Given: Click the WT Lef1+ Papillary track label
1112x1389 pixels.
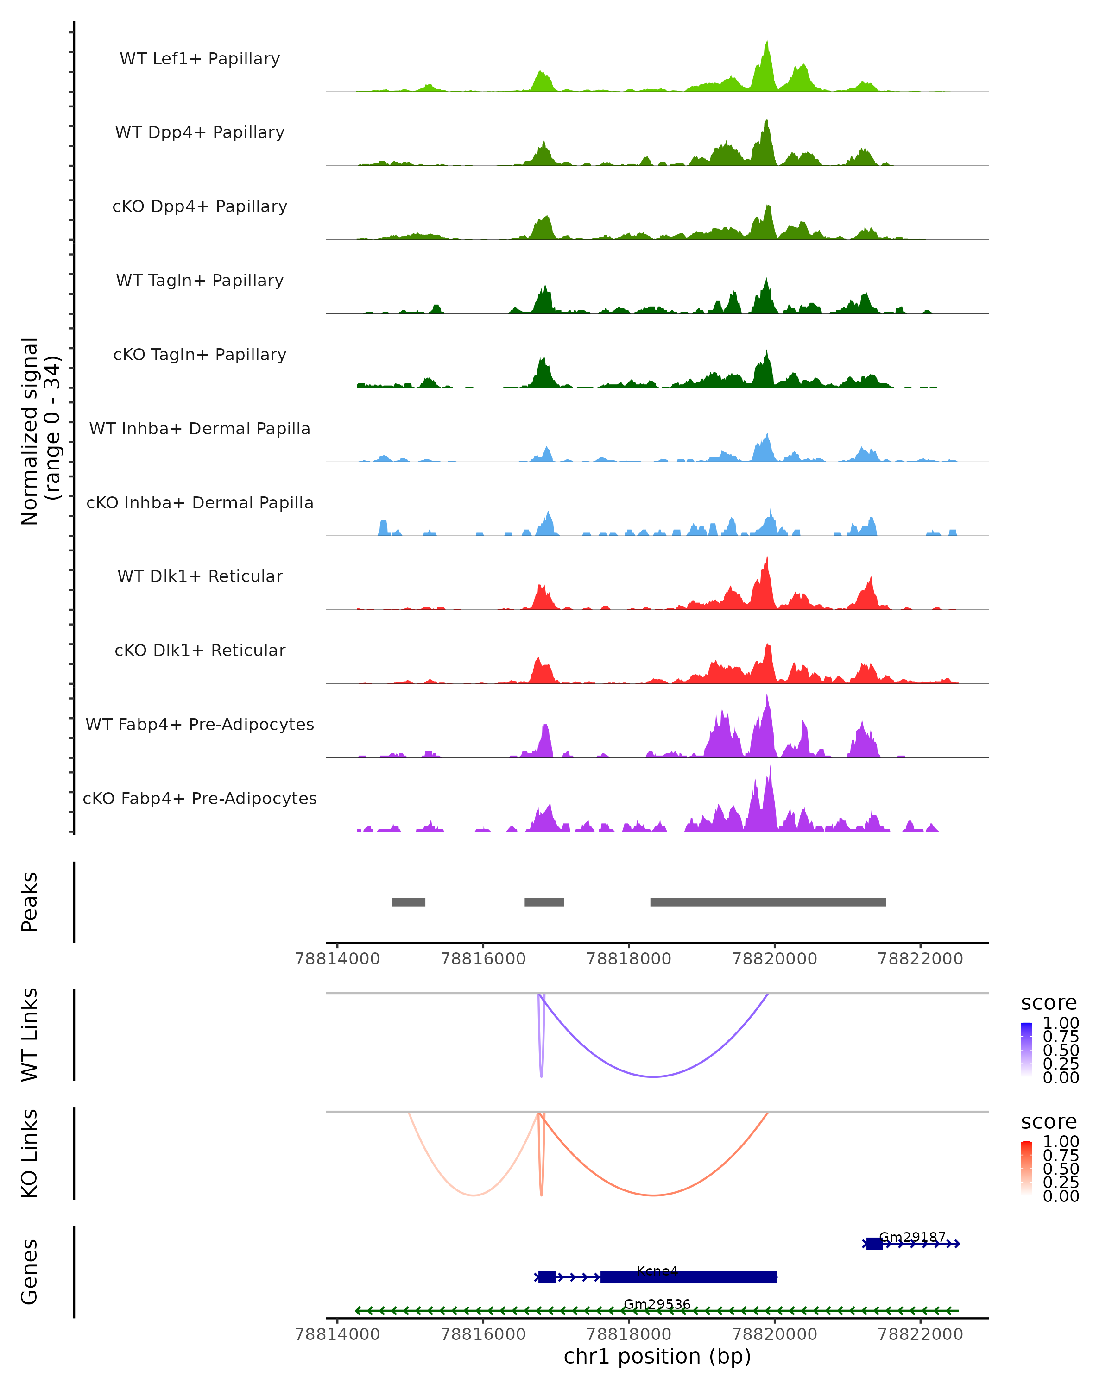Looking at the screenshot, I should point(200,59).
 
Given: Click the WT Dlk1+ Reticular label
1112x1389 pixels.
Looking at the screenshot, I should point(200,576).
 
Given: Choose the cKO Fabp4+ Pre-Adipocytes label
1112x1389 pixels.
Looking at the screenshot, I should point(200,799).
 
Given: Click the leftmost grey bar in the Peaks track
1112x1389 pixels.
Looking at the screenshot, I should point(408,902).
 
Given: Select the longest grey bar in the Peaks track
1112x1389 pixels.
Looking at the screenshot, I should point(768,902).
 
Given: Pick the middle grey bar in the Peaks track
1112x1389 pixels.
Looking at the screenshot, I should point(544,902).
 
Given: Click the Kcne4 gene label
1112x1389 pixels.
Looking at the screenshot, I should point(657,1270).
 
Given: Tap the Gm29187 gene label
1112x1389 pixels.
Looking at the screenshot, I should point(912,1237).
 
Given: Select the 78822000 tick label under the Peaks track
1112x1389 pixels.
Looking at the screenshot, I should point(920,959).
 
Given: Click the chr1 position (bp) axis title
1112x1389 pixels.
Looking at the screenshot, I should point(657,1357).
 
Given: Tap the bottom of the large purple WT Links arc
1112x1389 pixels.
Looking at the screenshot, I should point(654,1076).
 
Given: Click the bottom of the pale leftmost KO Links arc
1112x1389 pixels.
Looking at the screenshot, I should point(474,1195).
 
